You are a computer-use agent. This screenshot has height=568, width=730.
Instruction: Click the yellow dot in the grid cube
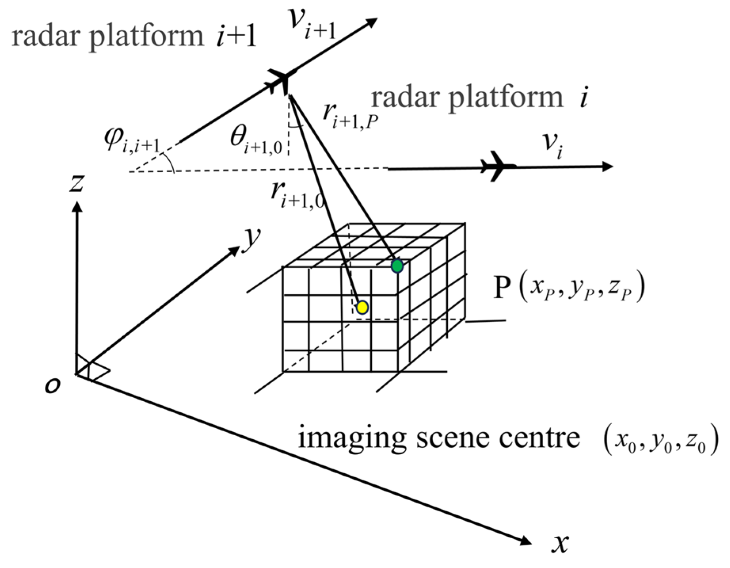[x=362, y=307]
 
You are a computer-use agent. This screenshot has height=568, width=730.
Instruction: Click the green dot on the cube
[x=397, y=266]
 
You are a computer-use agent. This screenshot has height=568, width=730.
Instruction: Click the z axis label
[x=77, y=183]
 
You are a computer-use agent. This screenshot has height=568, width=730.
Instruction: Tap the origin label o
[x=53, y=385]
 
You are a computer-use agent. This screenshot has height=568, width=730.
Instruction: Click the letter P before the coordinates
[x=502, y=288]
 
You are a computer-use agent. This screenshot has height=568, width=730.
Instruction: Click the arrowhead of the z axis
[x=77, y=207]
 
